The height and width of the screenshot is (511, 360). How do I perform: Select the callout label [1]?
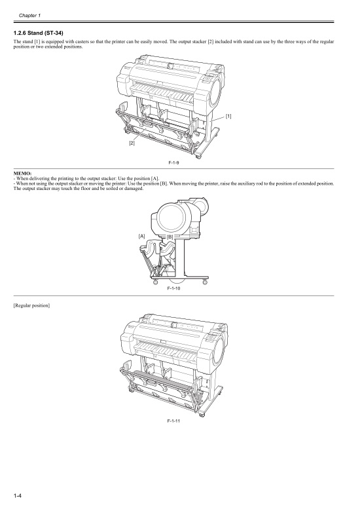(x=228, y=116)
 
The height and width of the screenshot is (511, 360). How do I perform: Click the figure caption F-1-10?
(x=173, y=288)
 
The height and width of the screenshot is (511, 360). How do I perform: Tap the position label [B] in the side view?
(x=170, y=236)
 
